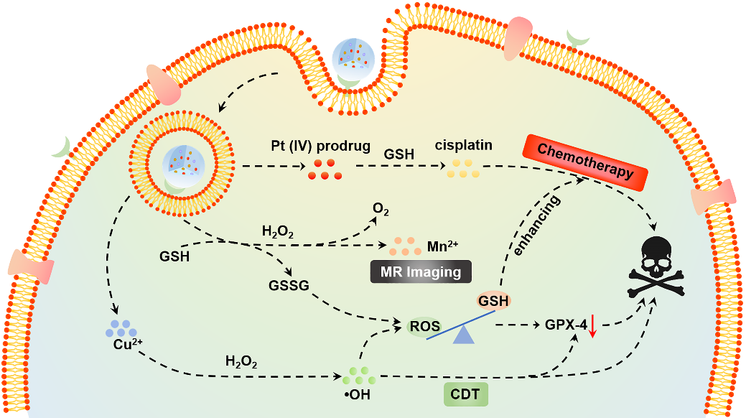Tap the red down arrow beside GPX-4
pos(594,327)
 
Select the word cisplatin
pos(463,145)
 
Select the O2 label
pos(380,209)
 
